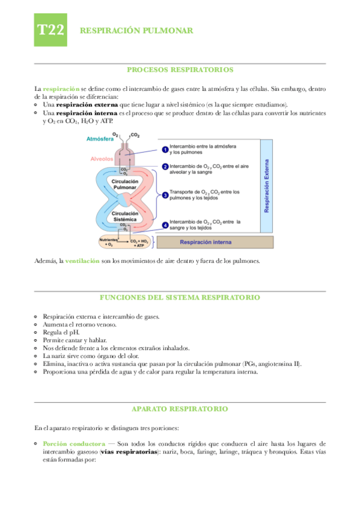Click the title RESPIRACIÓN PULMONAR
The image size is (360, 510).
[x=136, y=31]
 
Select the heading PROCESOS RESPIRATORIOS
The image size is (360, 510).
[x=180, y=70]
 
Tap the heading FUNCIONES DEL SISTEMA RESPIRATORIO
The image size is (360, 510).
[x=180, y=297]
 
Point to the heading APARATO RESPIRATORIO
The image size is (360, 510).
[x=180, y=408]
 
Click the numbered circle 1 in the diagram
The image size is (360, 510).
[x=165, y=149]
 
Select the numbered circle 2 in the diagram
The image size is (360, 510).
[x=165, y=167]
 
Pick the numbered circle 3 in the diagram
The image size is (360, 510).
[x=165, y=195]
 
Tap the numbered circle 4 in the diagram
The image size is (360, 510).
[x=165, y=225]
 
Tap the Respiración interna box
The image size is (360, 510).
[x=204, y=242]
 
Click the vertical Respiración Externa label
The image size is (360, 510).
[x=267, y=186]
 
